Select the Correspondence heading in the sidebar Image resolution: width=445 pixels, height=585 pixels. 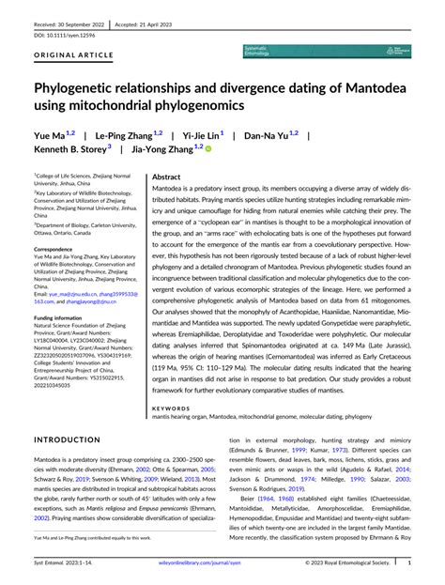click(58, 250)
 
